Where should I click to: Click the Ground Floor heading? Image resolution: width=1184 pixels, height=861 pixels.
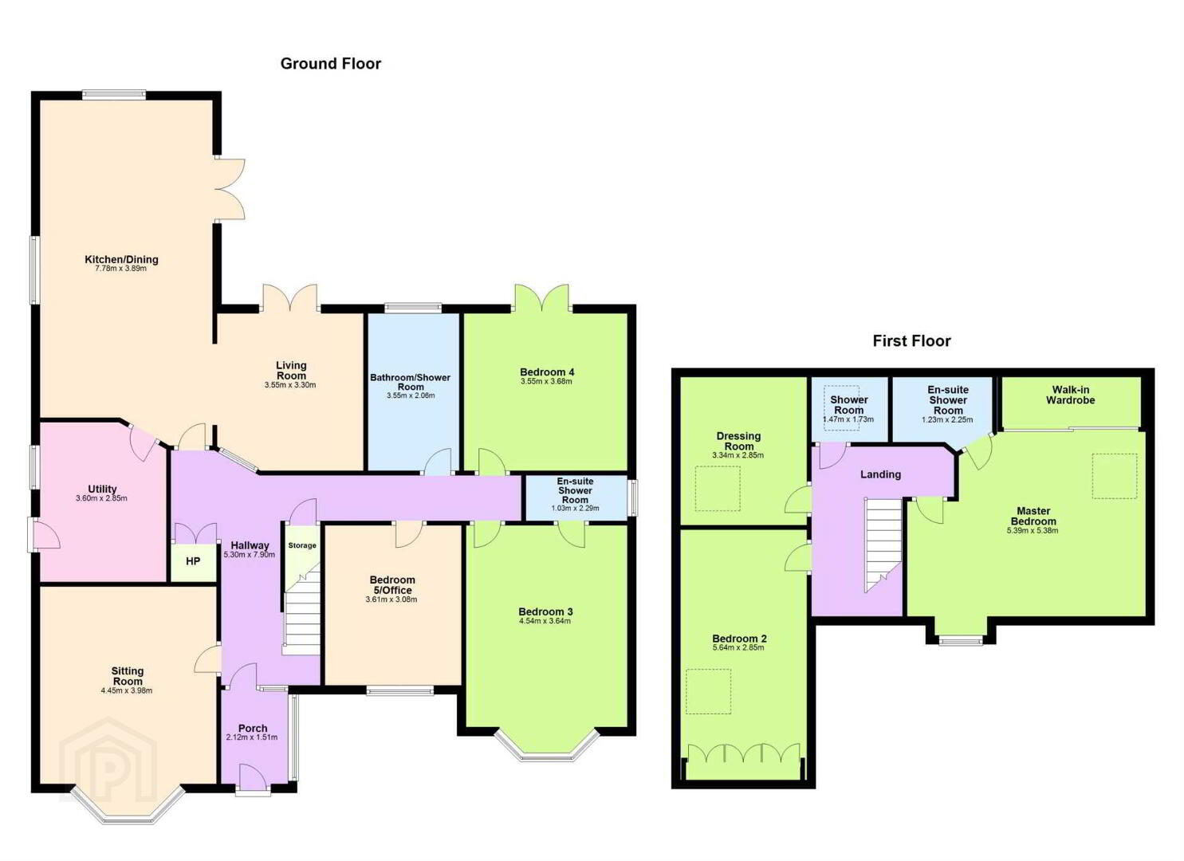pos(330,64)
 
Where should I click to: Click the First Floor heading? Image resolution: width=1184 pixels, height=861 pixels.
pos(911,341)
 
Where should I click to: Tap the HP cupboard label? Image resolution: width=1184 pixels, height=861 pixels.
pos(193,561)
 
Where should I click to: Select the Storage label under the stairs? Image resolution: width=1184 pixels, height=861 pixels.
pos(302,545)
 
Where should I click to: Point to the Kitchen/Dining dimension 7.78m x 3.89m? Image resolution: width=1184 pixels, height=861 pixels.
pos(121,269)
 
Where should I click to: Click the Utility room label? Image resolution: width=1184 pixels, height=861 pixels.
pos(102,489)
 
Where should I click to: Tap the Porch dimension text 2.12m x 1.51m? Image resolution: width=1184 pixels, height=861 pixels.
pos(252,737)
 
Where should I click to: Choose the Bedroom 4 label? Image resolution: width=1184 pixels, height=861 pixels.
pos(546,372)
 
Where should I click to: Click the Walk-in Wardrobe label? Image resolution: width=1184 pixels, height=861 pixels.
pos(1070,395)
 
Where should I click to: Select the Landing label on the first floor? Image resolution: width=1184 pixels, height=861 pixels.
pos(880,474)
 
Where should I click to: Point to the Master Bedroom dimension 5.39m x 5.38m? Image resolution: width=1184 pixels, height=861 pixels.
pos(1033,531)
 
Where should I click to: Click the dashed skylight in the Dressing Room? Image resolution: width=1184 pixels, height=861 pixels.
pos(718,489)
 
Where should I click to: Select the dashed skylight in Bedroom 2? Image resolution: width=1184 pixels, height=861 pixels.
pos(708,692)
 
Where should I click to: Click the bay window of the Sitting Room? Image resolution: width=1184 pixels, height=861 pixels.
pos(128,812)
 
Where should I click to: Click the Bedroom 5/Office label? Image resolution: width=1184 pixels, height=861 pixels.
pos(392,585)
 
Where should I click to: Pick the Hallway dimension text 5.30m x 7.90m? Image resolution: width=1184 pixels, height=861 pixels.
pos(249,555)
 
